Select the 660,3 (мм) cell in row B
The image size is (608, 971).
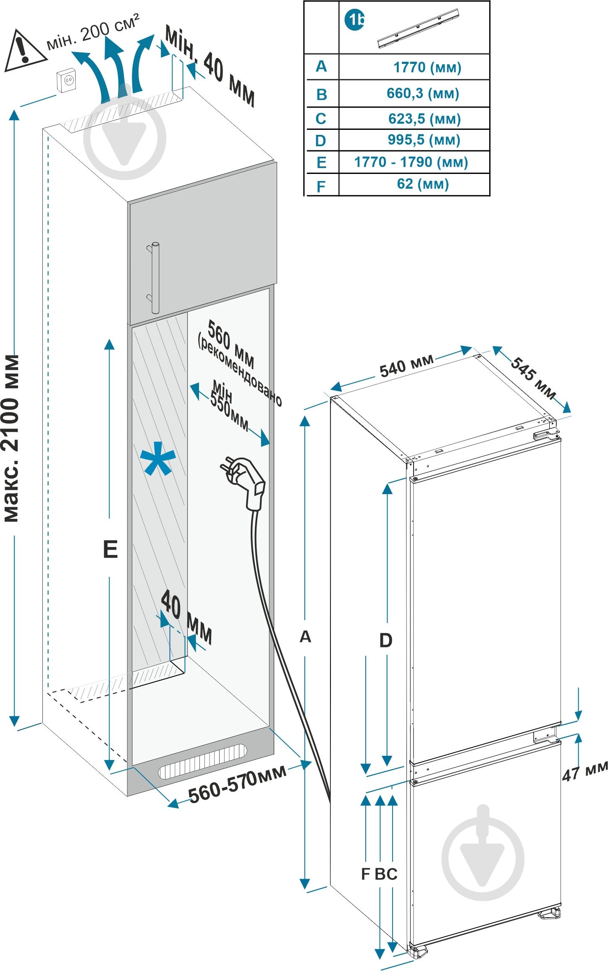tap(422, 93)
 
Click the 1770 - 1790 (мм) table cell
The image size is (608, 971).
tap(411, 162)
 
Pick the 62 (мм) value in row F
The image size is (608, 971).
tap(422, 184)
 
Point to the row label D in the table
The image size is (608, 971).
tap(321, 141)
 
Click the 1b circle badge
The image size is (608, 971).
tap(354, 20)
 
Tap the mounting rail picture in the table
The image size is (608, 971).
tap(418, 29)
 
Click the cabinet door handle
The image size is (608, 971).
tap(155, 277)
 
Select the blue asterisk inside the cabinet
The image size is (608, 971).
tap(158, 459)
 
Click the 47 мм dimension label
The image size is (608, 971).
tap(585, 771)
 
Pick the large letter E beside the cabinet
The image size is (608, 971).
tap(110, 549)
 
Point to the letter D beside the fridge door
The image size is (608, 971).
tap(385, 640)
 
